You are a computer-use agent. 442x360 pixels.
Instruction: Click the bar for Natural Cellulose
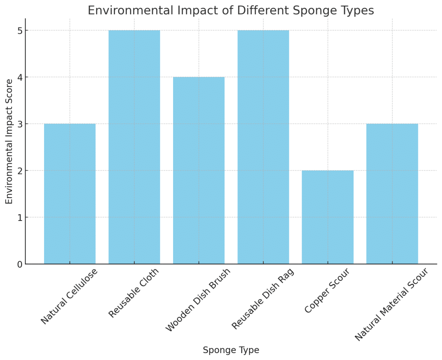tap(69, 194)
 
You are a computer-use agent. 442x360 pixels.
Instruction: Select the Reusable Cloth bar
tap(134, 147)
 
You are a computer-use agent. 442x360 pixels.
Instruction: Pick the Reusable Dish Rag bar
tap(263, 147)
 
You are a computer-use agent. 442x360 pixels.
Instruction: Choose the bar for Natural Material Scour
tap(392, 194)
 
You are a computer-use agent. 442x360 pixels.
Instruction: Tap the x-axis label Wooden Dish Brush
tap(198, 300)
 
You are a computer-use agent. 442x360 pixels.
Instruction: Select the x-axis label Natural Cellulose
tap(69, 296)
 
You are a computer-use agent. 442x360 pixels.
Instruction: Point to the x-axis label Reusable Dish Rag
tap(263, 299)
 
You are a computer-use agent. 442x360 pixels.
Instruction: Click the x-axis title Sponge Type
tap(231, 350)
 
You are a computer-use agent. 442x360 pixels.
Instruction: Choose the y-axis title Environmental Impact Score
tap(9, 141)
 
